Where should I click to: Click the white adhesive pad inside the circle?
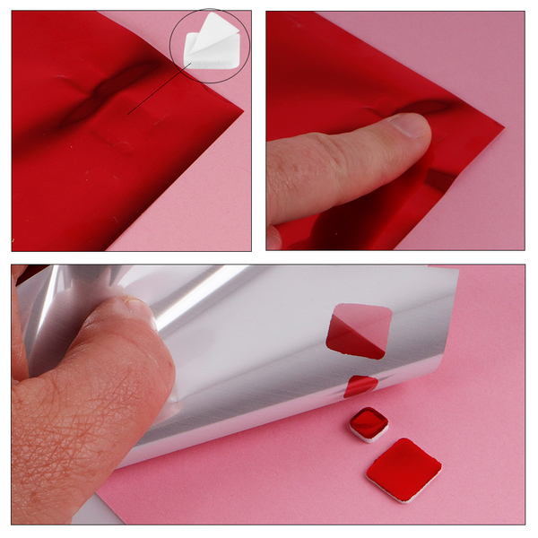pyautogui.click(x=208, y=49)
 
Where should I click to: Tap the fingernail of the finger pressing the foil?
pyautogui.click(x=412, y=126)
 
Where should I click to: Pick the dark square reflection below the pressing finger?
pyautogui.click(x=440, y=178)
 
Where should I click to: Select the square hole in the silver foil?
pyautogui.click(x=359, y=331)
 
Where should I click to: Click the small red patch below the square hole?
pyautogui.click(x=360, y=386)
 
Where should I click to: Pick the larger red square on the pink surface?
pyautogui.click(x=403, y=468)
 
